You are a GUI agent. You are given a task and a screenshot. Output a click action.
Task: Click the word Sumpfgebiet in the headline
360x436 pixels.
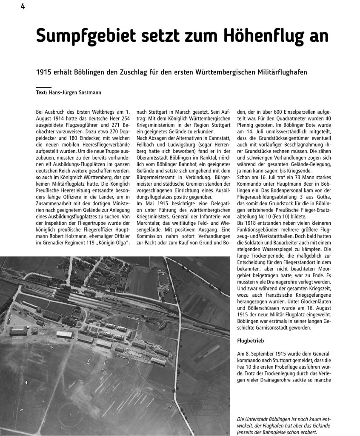(83, 36)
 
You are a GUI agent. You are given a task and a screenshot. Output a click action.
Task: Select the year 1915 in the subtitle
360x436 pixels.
(44, 72)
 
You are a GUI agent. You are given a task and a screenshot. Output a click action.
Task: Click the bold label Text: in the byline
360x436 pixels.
(42, 92)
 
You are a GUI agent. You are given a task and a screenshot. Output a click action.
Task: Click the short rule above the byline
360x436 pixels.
(43, 86)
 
